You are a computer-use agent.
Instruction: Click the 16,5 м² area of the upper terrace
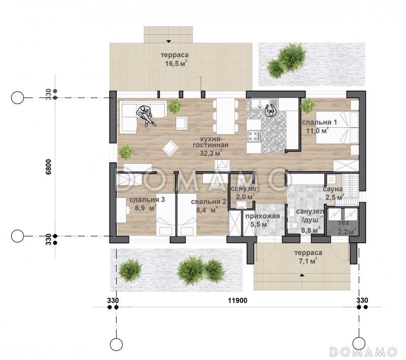(176, 63)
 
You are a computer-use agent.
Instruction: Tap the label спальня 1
(320, 122)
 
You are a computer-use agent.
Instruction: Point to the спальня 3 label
(147, 199)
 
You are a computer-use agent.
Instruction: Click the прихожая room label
(262, 216)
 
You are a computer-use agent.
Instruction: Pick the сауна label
(333, 189)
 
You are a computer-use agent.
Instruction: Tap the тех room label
(344, 223)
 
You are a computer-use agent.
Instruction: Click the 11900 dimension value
(238, 300)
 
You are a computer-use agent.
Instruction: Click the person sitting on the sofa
(146, 116)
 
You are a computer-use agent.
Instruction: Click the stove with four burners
(254, 136)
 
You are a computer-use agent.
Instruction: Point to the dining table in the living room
(225, 116)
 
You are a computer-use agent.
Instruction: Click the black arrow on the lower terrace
(301, 275)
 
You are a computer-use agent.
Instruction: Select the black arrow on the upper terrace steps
(168, 41)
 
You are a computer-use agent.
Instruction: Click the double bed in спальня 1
(337, 127)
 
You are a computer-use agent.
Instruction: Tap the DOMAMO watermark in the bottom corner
(363, 352)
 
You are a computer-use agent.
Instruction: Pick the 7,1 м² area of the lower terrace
(308, 262)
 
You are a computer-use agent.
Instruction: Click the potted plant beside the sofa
(175, 106)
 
